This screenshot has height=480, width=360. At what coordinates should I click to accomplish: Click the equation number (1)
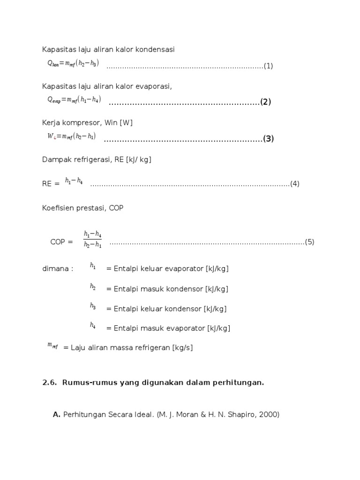(268, 66)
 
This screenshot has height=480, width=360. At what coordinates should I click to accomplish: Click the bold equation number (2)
(266, 102)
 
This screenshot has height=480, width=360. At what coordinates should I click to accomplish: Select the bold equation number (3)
(268, 139)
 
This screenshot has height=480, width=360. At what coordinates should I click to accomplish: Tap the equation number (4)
(294, 184)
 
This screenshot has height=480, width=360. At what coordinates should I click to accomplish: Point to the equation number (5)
(309, 242)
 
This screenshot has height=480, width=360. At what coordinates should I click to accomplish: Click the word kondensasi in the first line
(155, 50)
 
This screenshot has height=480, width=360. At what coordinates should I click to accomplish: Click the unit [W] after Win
(126, 123)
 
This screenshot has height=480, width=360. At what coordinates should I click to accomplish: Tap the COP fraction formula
(92, 239)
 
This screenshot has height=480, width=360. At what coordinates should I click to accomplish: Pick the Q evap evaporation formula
(74, 99)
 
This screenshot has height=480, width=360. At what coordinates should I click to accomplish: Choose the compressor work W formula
(71, 136)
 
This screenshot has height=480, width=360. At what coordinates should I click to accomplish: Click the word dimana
(58, 269)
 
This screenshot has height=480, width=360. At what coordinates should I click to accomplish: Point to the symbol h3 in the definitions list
(93, 306)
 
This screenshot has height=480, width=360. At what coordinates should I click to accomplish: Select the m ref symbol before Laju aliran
(52, 345)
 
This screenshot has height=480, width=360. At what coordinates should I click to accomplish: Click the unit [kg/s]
(182, 348)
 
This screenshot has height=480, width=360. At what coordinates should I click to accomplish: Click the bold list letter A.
(57, 414)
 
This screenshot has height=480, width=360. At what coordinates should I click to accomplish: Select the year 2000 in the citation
(269, 414)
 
